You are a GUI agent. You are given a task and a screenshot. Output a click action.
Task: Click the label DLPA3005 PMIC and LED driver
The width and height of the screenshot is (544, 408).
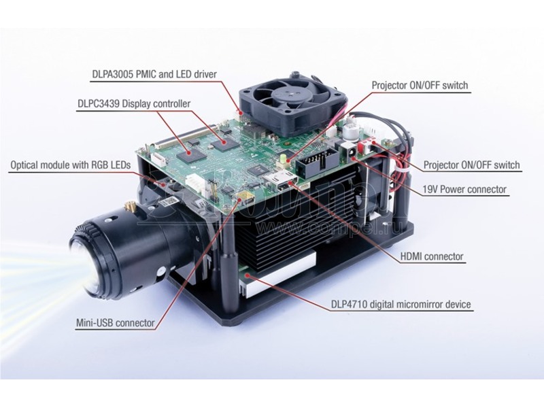(154, 74)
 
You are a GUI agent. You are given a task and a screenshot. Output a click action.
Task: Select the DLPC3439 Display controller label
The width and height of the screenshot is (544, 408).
(134, 104)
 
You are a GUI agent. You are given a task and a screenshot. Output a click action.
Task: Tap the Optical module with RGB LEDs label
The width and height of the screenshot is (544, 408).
(71, 165)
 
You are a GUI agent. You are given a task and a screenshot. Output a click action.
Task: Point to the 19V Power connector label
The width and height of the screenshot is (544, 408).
(464, 190)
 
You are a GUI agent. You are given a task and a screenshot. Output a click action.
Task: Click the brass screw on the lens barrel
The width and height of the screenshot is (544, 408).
(129, 209)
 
